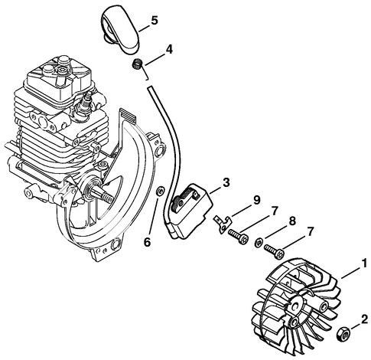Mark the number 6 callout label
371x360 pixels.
coord(148,244)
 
